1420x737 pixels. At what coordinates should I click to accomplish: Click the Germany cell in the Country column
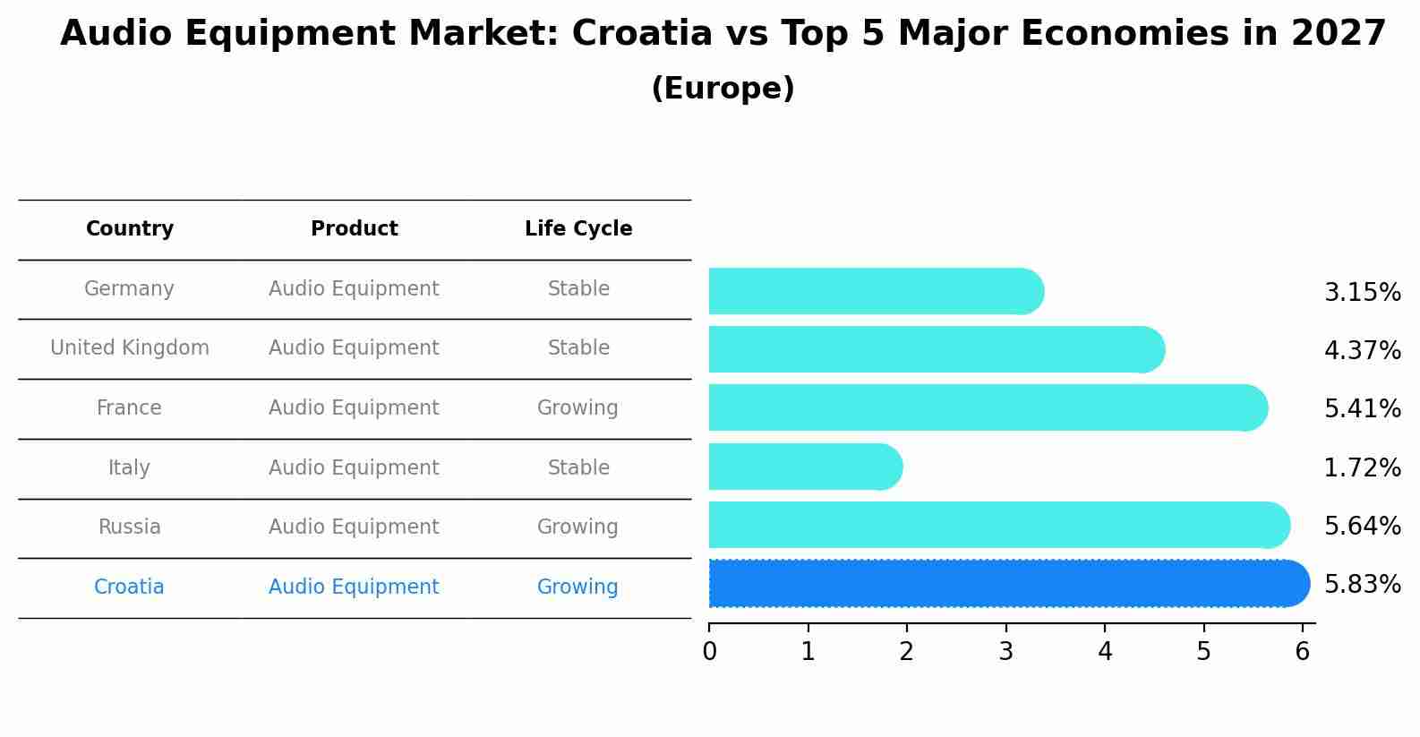pyautogui.click(x=129, y=289)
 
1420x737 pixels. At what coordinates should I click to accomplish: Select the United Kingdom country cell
pyautogui.click(x=130, y=348)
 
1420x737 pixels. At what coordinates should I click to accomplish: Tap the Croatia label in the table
pyautogui.click(x=129, y=587)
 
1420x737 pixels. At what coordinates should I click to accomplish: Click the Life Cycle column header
pyautogui.click(x=578, y=229)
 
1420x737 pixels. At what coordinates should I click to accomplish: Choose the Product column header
pyautogui.click(x=354, y=229)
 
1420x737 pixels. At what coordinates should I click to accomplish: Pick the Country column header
pyautogui.click(x=130, y=229)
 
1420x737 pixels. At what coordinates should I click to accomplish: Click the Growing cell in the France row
pyautogui.click(x=577, y=408)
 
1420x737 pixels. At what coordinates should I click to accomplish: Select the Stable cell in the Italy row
pyautogui.click(x=578, y=468)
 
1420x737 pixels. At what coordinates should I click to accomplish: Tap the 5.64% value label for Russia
pyautogui.click(x=1362, y=527)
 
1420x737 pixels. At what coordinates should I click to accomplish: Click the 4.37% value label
pyautogui.click(x=1362, y=351)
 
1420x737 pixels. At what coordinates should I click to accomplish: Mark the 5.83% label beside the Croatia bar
pyautogui.click(x=1362, y=585)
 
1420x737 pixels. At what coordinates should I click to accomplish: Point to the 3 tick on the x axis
pyautogui.click(x=1006, y=652)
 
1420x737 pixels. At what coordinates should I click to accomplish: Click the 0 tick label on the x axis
pyautogui.click(x=710, y=652)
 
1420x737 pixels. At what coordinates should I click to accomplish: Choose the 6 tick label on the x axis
pyautogui.click(x=1303, y=652)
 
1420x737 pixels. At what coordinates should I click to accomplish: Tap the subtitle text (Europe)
pyautogui.click(x=723, y=89)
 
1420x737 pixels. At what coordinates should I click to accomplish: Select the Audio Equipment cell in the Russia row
pyautogui.click(x=354, y=527)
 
